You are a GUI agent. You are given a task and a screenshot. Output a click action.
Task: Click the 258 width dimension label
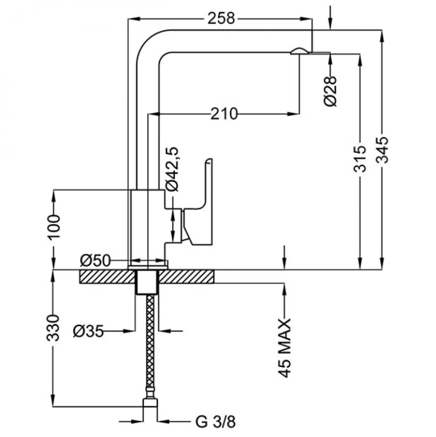[222, 18]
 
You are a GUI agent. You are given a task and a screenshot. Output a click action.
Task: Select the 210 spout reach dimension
[224, 114]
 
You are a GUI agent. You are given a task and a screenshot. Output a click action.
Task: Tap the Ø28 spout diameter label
[331, 91]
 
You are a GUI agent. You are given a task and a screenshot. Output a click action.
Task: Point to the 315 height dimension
[359, 158]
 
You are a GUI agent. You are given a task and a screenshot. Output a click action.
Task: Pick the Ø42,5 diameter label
[172, 169]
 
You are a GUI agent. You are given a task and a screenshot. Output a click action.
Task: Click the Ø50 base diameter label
[95, 261]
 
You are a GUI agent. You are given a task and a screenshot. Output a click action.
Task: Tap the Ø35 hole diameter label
[88, 331]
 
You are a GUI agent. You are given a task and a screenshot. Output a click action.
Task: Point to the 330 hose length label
[53, 328]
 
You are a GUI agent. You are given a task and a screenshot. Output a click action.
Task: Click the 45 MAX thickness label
[285, 348]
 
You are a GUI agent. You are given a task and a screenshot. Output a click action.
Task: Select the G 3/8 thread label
[216, 422]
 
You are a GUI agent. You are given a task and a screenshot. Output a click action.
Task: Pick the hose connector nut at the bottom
[150, 403]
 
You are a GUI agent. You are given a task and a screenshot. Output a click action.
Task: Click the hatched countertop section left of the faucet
[108, 277]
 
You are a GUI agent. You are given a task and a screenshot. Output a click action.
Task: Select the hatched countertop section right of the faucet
[186, 277]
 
